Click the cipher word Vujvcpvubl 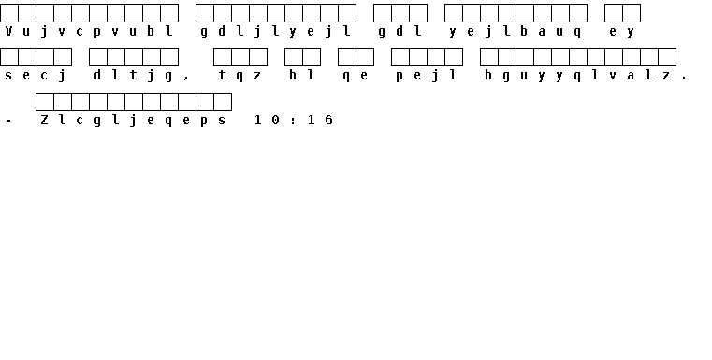click(89, 31)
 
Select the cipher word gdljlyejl click(276, 31)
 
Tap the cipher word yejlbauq click(516, 31)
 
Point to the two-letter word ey click(622, 31)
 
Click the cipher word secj click(36, 76)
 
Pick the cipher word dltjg click(133, 76)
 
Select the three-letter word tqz click(240, 76)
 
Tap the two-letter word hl click(302, 76)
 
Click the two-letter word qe click(356, 76)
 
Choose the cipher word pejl click(427, 76)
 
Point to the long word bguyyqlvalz click(577, 76)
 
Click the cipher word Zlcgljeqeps click(133, 120)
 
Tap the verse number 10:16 click(294, 120)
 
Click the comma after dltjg click(186, 79)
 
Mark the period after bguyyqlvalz click(684, 79)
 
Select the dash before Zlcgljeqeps click(8, 121)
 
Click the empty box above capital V click(9, 13)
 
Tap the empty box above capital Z click(45, 102)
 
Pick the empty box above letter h click(294, 57)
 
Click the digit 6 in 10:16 click(329, 120)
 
